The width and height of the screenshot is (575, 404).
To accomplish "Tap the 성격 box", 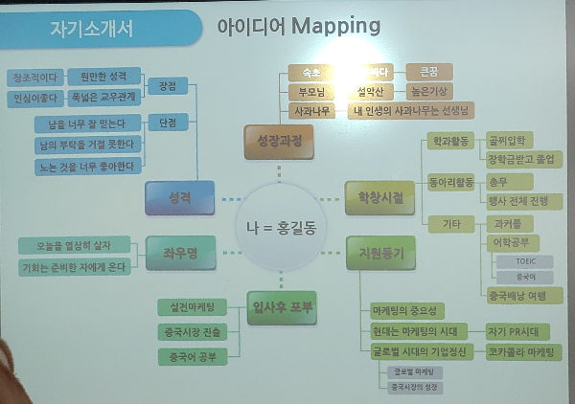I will [179, 197].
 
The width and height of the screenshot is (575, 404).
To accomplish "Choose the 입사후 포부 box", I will [281, 307].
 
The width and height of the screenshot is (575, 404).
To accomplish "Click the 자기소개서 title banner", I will [91, 28].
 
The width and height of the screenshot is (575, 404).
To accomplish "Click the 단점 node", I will [167, 123].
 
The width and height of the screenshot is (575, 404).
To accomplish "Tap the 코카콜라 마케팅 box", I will [524, 352].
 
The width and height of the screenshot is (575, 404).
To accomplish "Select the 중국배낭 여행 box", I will [518, 295].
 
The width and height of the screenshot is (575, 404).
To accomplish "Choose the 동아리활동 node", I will [448, 179].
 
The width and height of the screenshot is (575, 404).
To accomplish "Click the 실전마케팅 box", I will [192, 306].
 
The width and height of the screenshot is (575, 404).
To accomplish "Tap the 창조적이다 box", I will [34, 77].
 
